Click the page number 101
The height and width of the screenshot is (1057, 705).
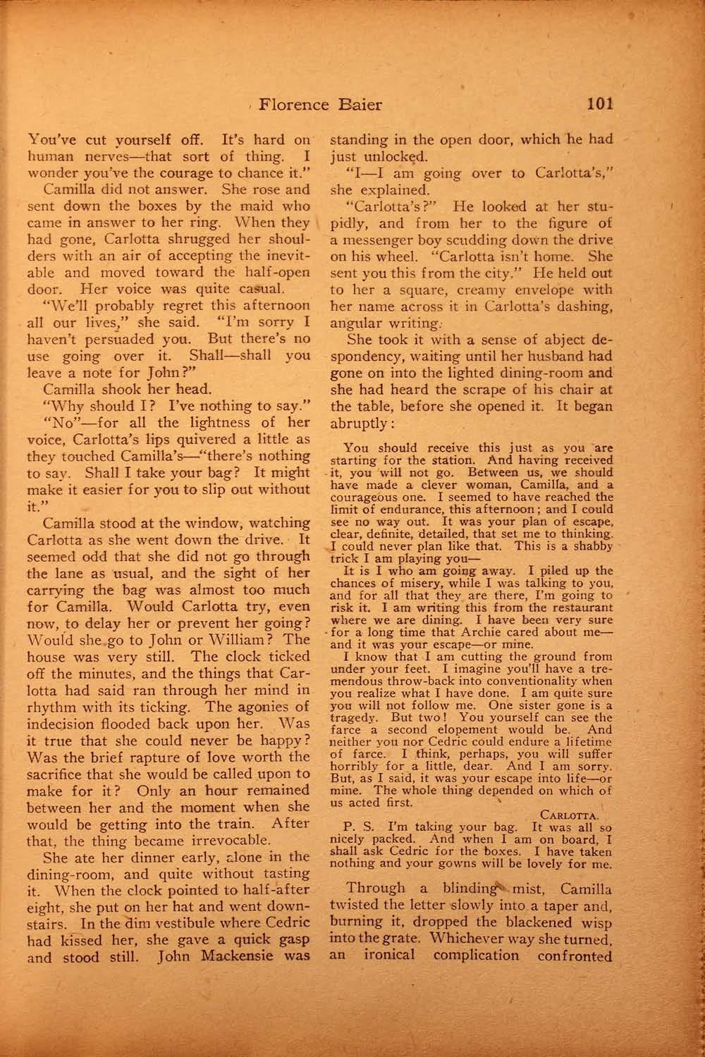coord(599,105)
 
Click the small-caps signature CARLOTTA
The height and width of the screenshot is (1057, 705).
coord(572,814)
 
